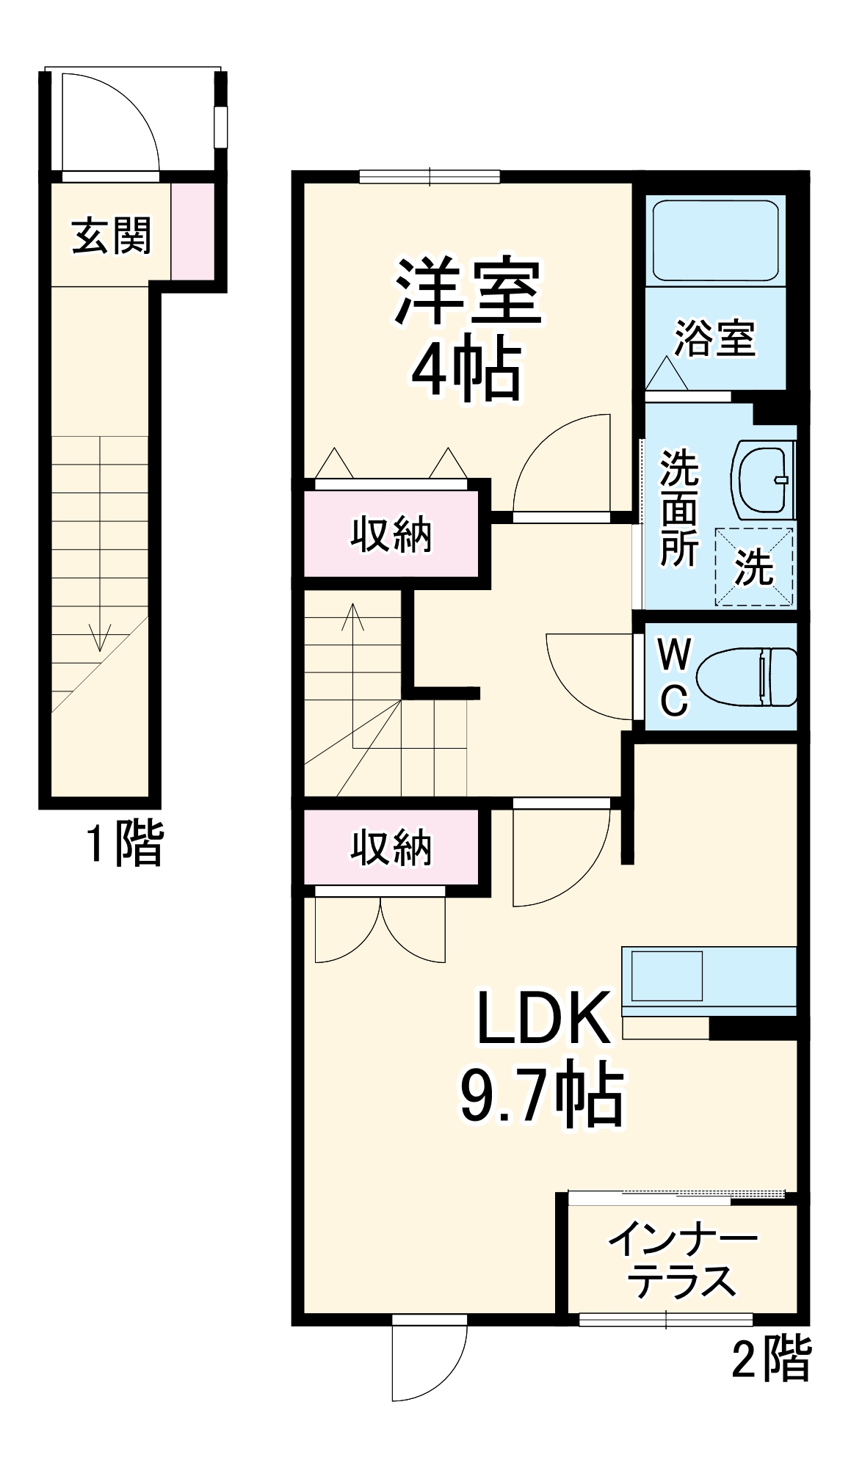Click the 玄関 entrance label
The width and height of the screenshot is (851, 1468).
click(x=112, y=236)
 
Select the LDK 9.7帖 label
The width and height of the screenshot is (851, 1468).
click(x=542, y=1057)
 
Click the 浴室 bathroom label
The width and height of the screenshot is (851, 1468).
click(x=714, y=338)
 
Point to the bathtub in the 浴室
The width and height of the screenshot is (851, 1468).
click(x=715, y=239)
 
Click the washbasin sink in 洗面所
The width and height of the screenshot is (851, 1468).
click(x=764, y=479)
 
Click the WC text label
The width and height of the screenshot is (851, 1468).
click(x=674, y=676)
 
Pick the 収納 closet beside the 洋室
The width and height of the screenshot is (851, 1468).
click(x=391, y=534)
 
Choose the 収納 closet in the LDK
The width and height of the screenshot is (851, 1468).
click(x=391, y=848)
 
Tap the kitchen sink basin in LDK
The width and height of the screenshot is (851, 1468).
click(x=667, y=975)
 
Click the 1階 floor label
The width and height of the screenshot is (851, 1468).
click(x=125, y=843)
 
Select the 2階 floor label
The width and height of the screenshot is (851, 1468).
click(x=771, y=1359)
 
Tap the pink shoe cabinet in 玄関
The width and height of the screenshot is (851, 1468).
click(x=192, y=230)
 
